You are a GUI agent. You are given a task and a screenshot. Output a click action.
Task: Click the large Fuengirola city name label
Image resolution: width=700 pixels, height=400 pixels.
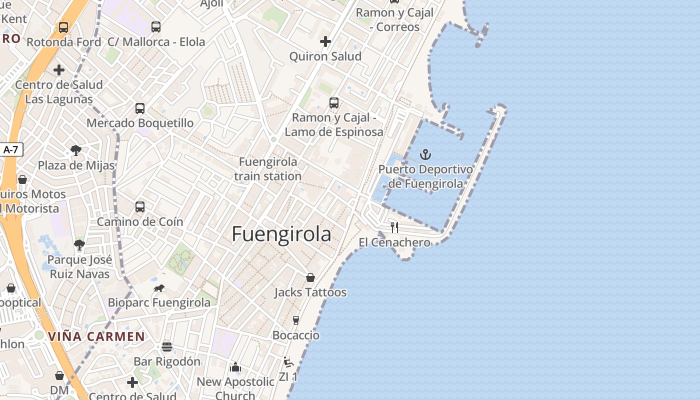coord(281,234)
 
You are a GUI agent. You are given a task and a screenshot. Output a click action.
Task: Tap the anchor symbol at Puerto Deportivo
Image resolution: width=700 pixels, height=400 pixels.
coord(425,154)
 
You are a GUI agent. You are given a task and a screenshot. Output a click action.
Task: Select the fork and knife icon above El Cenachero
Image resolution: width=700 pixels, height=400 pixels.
coord(394,227)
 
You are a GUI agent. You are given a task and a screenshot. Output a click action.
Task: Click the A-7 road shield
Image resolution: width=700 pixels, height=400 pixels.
coord(11,149)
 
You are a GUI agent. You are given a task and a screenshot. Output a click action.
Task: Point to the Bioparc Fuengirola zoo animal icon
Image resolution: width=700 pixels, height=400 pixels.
coord(159,288)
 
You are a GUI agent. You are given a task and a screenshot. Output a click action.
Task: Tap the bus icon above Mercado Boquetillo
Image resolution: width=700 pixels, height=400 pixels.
coord(140,108)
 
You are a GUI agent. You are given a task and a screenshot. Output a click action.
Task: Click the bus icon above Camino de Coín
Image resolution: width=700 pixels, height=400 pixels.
coord(140,206)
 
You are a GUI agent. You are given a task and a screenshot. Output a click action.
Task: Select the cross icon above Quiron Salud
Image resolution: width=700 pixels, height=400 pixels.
coord(325,41)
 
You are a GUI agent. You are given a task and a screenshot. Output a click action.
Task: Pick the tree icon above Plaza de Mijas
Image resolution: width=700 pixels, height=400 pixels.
coord(76,149)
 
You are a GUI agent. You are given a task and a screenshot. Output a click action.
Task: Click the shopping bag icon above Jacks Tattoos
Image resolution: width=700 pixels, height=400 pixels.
coord(310,277)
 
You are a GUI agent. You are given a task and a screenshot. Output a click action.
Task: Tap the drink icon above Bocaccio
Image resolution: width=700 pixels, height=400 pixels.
coord(296,320)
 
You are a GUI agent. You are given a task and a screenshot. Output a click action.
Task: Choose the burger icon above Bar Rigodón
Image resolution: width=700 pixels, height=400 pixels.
coord(167,346)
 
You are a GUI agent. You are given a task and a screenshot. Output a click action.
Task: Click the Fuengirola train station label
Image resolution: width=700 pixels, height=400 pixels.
coord(268,169)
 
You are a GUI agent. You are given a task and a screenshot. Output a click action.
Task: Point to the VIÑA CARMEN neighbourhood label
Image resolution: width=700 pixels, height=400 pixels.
coord(96,336)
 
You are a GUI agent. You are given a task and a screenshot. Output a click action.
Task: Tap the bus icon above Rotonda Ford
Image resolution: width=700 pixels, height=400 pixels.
coord(63,27)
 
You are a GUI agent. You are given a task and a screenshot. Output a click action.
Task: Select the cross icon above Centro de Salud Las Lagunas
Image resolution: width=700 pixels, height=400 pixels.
coord(59,69)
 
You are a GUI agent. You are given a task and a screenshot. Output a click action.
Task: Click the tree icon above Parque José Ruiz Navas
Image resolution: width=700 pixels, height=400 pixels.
coord(79,244)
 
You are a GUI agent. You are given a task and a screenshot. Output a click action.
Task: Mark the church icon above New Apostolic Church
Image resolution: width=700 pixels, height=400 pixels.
coord(235,367)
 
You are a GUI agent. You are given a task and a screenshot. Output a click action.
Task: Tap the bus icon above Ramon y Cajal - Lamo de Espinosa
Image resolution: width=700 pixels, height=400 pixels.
coord(334,103)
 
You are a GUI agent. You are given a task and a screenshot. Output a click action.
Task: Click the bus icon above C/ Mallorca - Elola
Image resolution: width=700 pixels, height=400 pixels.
coord(156,27)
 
